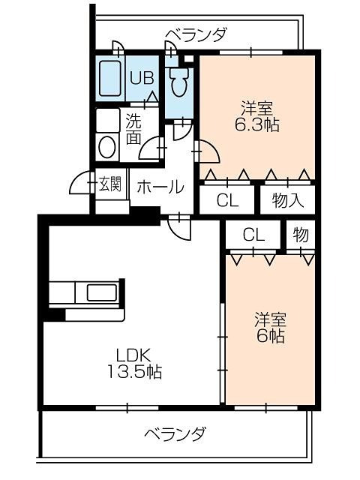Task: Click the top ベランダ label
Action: (196, 34)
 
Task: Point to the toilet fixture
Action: (179, 83)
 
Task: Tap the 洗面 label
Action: (133, 127)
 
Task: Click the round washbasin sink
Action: (106, 145)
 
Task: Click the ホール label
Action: (160, 187)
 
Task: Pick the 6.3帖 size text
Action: (256, 125)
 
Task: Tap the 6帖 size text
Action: (268, 337)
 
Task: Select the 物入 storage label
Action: (287, 200)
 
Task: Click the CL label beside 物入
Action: (228, 200)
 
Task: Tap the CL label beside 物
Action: (253, 235)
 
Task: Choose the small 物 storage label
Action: (301, 235)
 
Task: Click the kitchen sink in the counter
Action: (100, 291)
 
